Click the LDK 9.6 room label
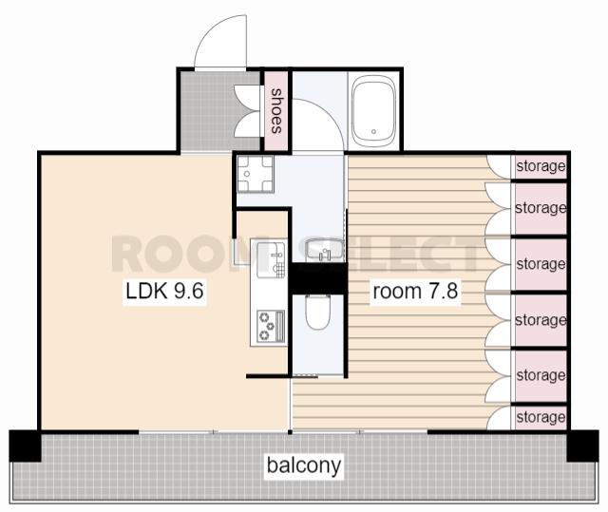tap(164, 291)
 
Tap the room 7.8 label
tap(415, 291)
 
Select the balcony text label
tap(304, 465)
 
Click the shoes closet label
tap(276, 111)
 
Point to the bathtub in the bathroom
tap(373, 109)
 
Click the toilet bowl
tap(317, 313)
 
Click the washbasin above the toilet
tap(324, 250)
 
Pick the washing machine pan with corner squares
tap(256, 174)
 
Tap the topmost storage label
tap(541, 166)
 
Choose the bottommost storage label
tap(541, 417)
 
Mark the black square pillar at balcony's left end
tap(26, 446)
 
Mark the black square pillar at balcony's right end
tap(582, 446)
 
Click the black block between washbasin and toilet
tap(319, 278)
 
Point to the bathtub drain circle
tap(373, 132)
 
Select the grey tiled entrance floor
tap(220, 112)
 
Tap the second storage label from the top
tap(541, 208)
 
